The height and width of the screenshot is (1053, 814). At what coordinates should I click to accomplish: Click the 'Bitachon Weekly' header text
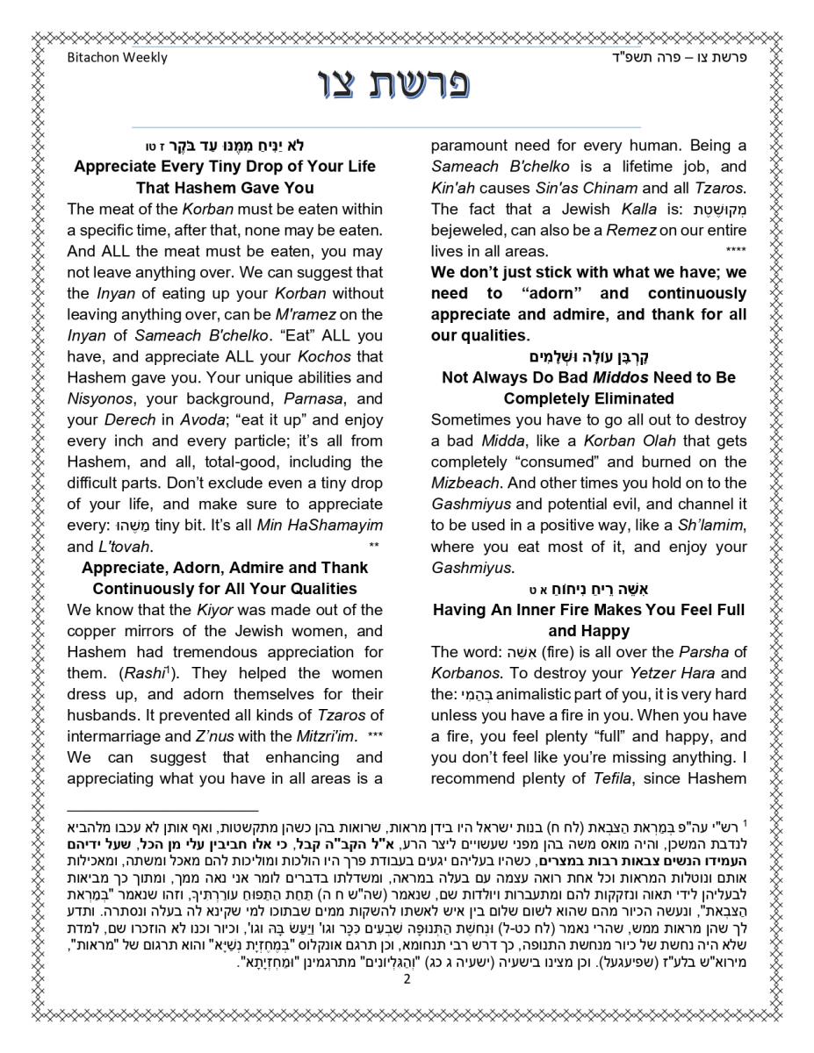[x=117, y=58]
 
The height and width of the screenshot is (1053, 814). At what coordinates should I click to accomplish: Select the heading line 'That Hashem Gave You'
[x=225, y=188]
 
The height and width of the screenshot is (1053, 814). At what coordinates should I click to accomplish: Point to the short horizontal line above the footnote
[x=163, y=812]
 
